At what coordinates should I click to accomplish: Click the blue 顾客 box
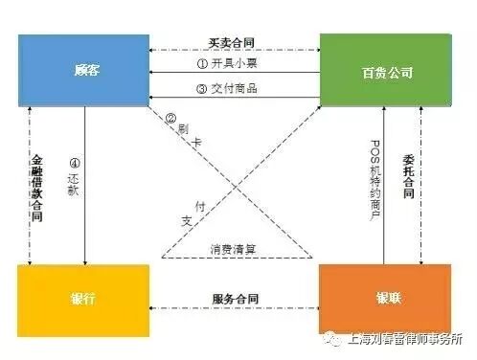pyautogui.click(x=83, y=70)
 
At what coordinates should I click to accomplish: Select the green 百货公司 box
pyautogui.click(x=384, y=70)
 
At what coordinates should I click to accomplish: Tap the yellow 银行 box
pyautogui.click(x=83, y=299)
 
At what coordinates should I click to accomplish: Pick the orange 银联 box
pyautogui.click(x=384, y=299)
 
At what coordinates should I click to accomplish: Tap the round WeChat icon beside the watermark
pyautogui.click(x=329, y=339)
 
